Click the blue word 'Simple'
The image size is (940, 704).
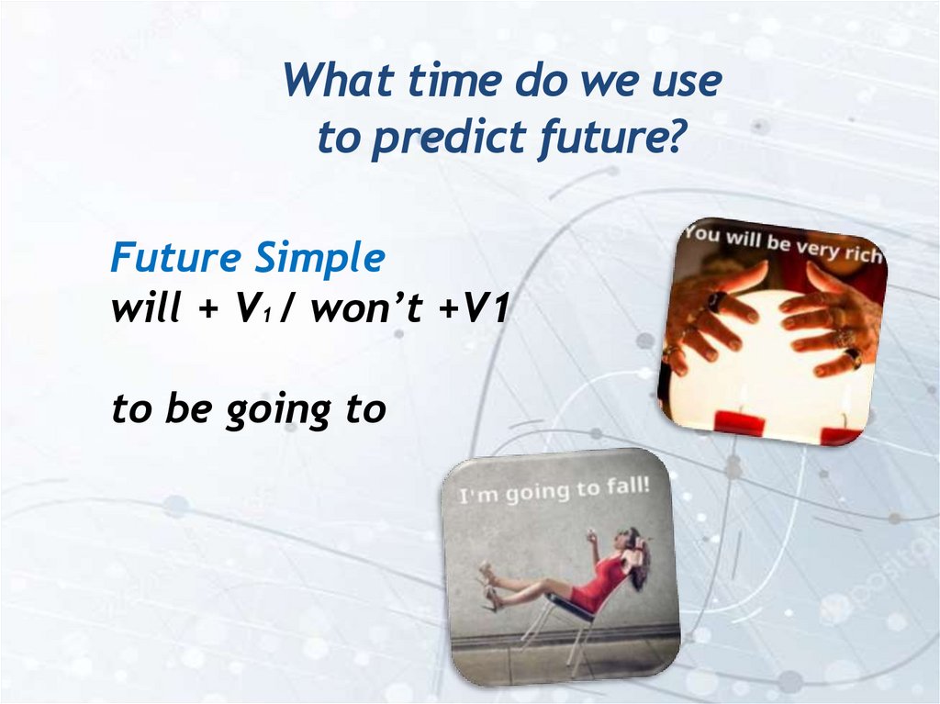click(319, 259)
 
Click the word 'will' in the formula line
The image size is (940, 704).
click(146, 308)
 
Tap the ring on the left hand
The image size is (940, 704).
click(715, 299)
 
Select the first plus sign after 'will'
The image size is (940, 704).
click(207, 310)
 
